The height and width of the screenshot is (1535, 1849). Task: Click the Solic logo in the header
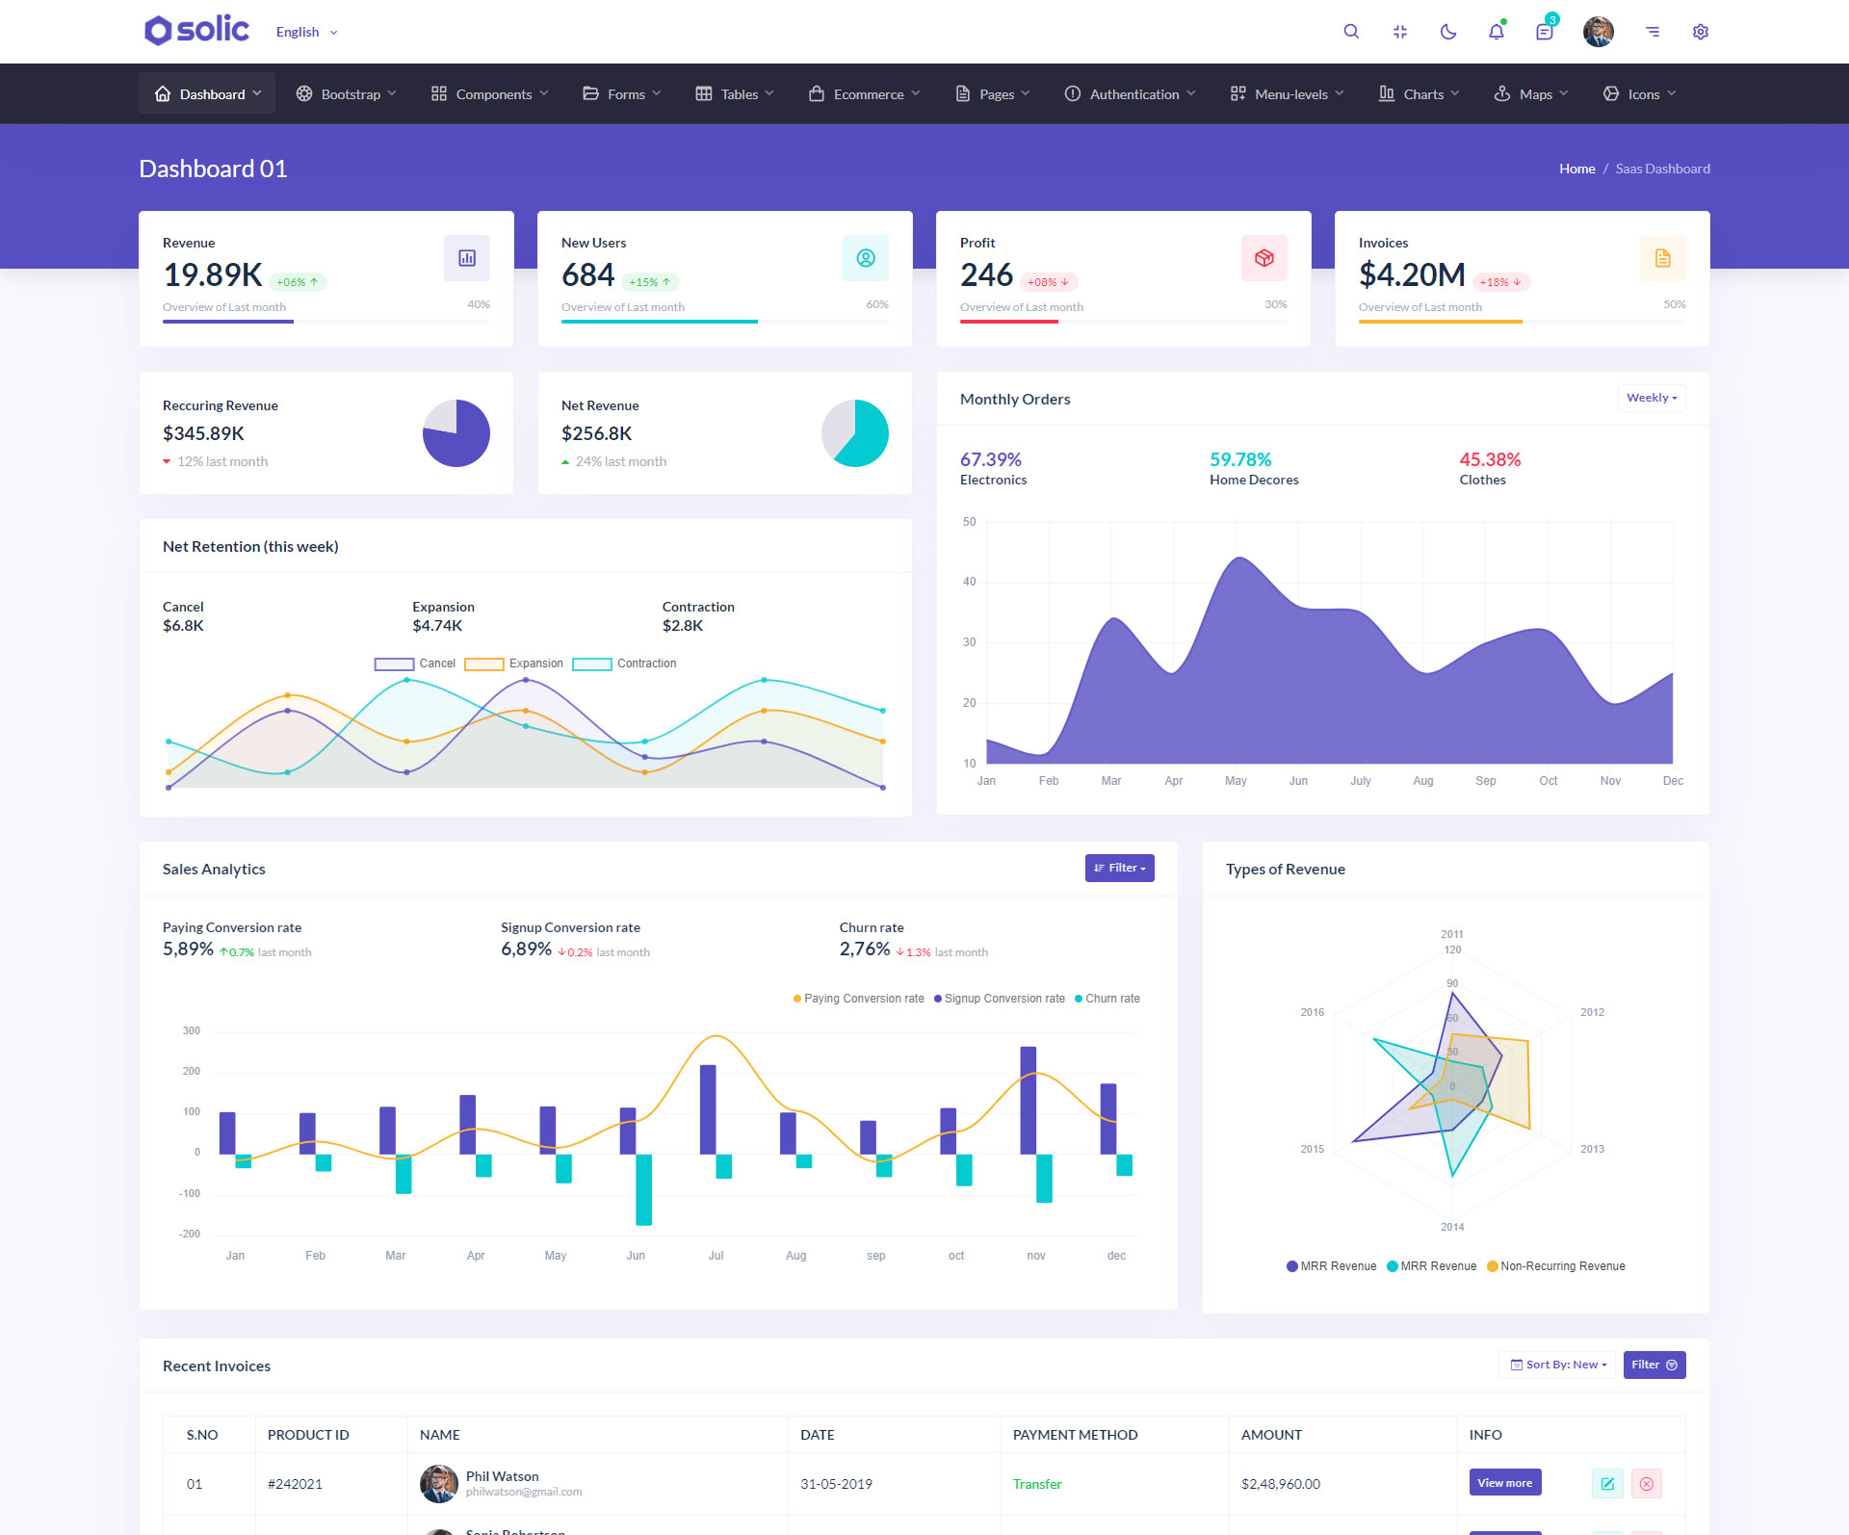[x=197, y=31]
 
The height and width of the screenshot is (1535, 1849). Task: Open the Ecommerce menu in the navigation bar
[x=865, y=94]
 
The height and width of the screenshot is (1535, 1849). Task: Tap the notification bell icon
[x=1496, y=32]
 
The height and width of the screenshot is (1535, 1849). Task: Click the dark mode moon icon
[x=1447, y=32]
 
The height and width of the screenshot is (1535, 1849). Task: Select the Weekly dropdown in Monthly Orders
[x=1651, y=398]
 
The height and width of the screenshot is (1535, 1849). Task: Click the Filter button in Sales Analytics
[x=1119, y=868]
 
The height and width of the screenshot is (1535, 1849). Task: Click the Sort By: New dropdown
[x=1557, y=1365]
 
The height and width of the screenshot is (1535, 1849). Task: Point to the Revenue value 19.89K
[x=213, y=275]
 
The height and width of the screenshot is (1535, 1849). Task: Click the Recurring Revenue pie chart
[x=456, y=433]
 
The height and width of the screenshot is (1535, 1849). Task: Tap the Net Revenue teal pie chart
[x=855, y=433]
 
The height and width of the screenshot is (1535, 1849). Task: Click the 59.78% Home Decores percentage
[x=1240, y=459]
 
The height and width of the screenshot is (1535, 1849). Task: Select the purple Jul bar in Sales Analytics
[x=708, y=1109]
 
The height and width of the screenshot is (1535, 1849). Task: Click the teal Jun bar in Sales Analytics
[x=643, y=1189]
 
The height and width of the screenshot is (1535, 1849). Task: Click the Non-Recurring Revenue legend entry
[x=1555, y=1266]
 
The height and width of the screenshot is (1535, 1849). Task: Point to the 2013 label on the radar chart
[x=1592, y=1149]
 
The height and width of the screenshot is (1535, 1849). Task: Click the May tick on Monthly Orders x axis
[x=1236, y=781]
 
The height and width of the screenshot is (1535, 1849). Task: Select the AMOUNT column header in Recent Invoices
[x=1271, y=1435]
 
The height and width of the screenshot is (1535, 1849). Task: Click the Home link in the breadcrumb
[x=1576, y=169]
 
